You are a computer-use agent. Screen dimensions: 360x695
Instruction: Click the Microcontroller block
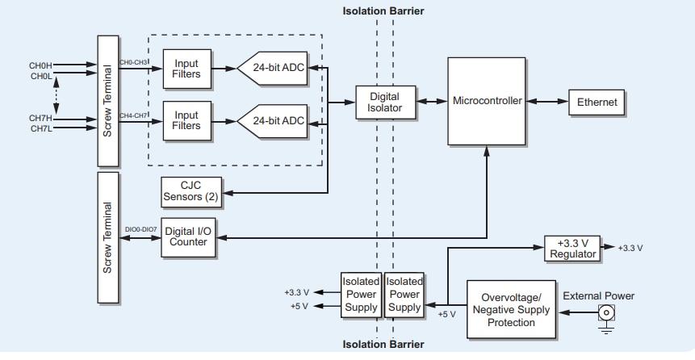(x=487, y=102)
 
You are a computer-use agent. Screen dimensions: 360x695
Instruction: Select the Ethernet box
(x=597, y=103)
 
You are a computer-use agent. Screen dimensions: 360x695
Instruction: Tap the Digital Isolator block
(x=384, y=103)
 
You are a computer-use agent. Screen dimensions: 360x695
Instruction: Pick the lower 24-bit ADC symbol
(x=274, y=121)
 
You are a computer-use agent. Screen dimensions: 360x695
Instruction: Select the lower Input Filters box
(x=186, y=120)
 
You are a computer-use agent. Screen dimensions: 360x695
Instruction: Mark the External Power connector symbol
(x=605, y=313)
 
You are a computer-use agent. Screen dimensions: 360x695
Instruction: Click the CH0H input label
(x=42, y=66)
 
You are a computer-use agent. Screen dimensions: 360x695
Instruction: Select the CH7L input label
(x=42, y=128)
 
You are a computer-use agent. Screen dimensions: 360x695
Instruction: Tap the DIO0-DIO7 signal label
(x=140, y=230)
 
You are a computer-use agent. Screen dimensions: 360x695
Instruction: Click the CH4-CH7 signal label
(x=134, y=115)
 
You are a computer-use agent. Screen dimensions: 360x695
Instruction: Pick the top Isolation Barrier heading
(x=383, y=11)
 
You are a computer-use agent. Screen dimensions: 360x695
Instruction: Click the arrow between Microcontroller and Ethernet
(x=546, y=102)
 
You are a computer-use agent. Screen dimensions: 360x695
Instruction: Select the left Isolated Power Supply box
(x=361, y=293)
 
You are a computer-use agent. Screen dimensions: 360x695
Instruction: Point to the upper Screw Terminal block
(x=107, y=98)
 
